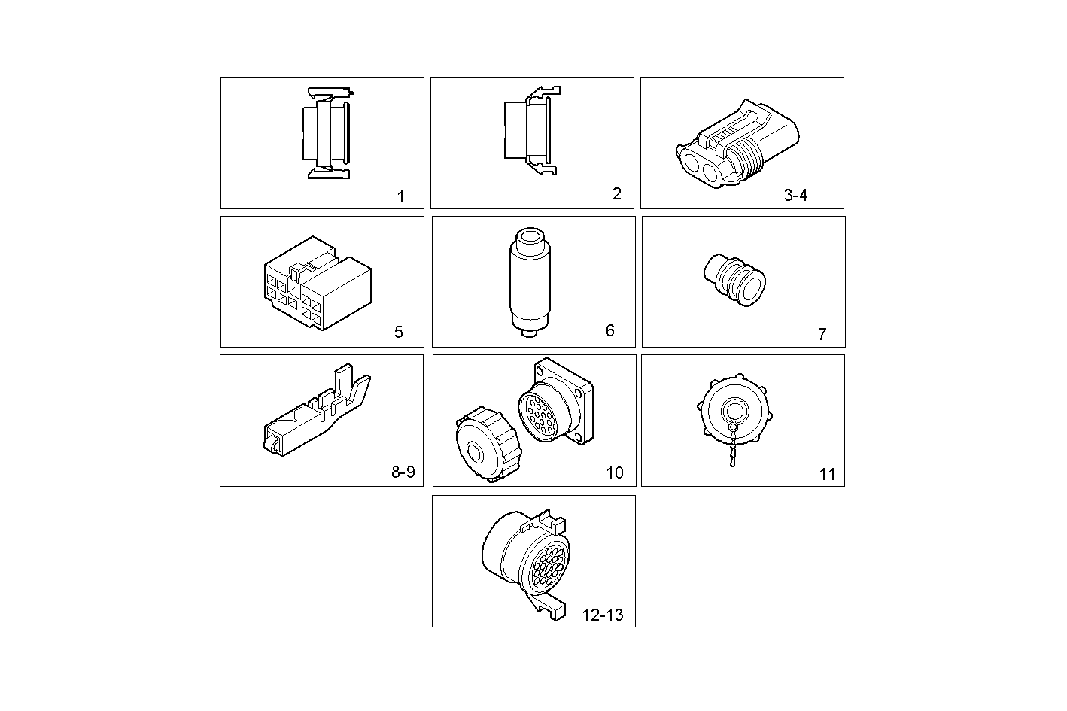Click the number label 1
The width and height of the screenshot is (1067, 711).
tap(400, 197)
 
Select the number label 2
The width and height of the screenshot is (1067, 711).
tap(616, 194)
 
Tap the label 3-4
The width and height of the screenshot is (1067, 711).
tap(795, 196)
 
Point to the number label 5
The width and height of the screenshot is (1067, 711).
tap(398, 332)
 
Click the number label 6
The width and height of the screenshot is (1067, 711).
tap(609, 330)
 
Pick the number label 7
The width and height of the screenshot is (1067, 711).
tap(822, 334)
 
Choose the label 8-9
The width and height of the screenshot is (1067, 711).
tap(403, 472)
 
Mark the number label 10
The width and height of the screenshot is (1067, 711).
tap(614, 472)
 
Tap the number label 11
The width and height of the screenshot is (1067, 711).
tap(827, 474)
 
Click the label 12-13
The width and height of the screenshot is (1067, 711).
tap(603, 615)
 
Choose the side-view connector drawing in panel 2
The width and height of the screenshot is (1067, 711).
tap(530, 132)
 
